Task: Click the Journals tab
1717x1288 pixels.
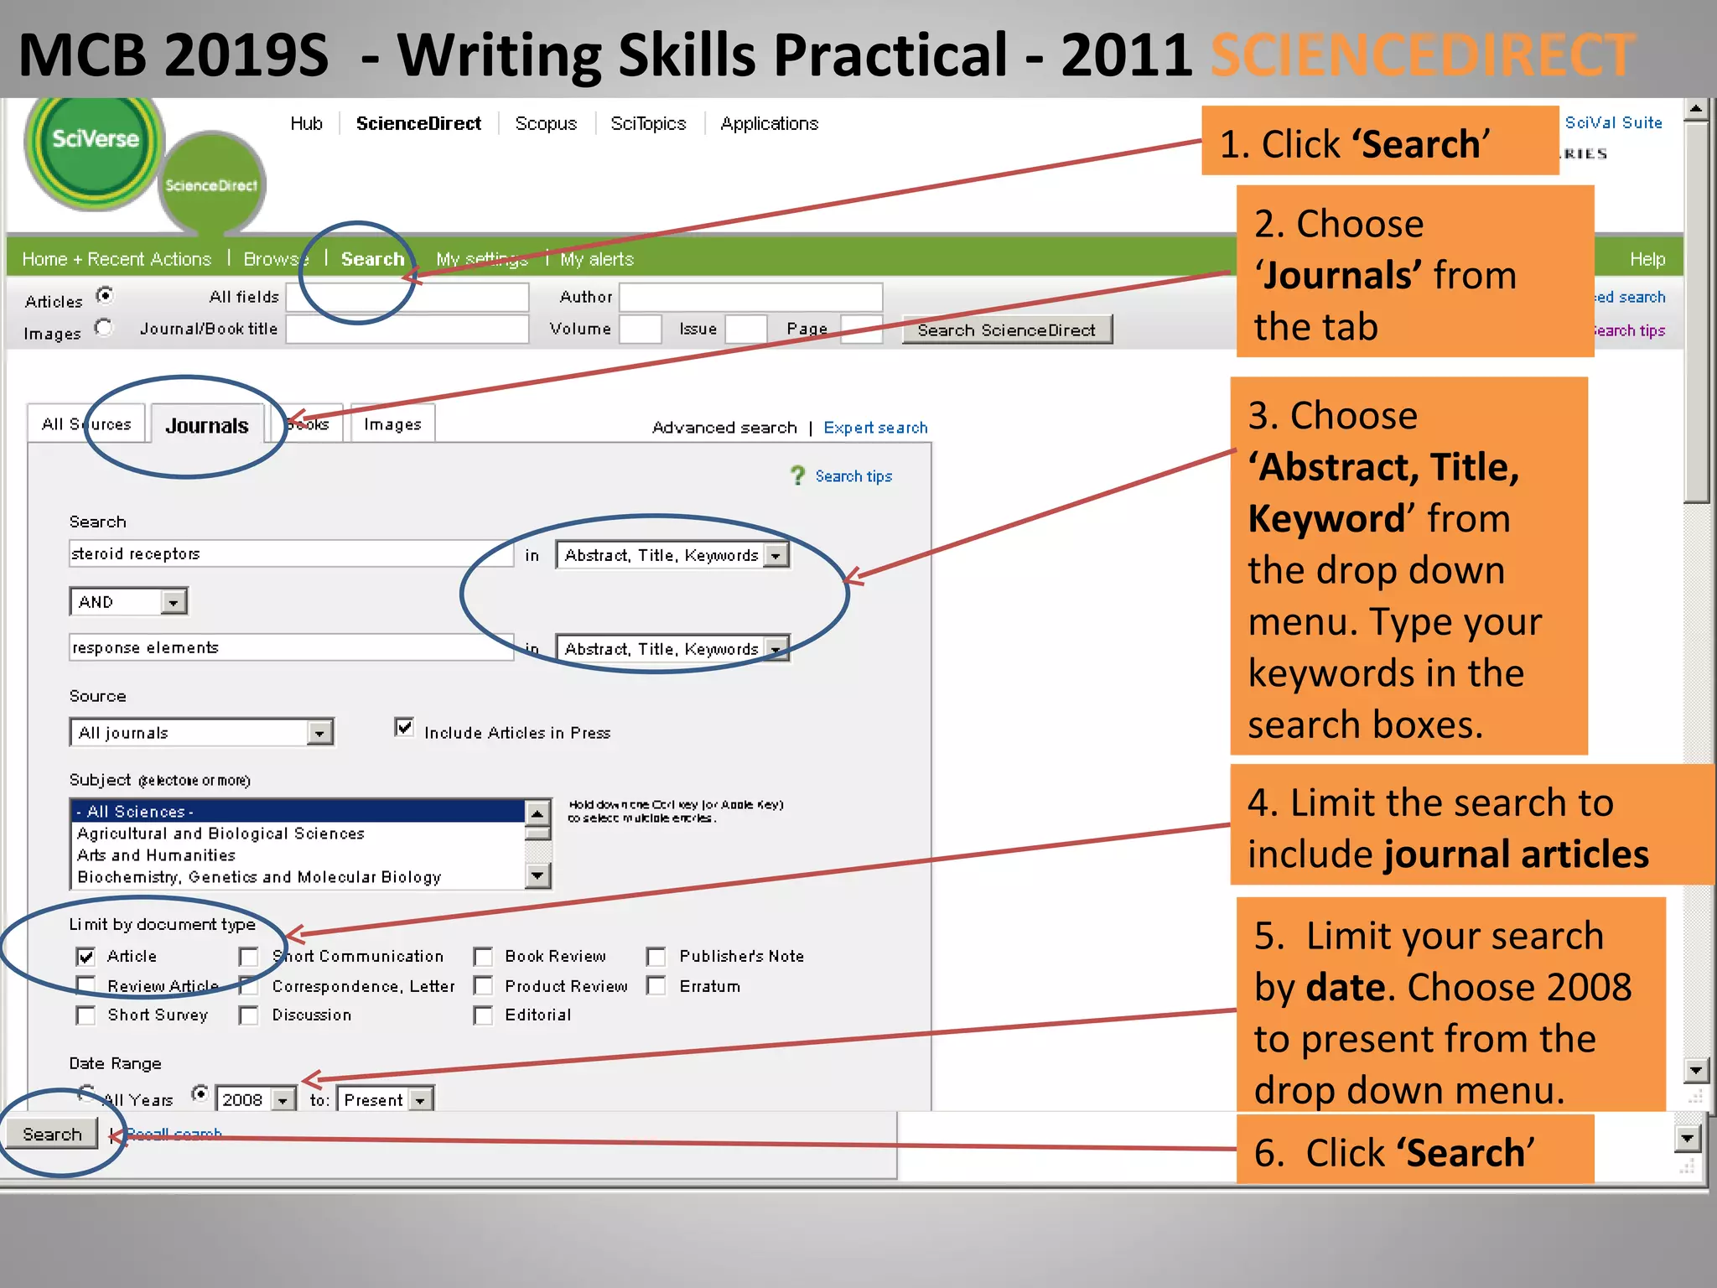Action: tap(206, 425)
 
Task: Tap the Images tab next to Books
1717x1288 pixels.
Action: tap(392, 424)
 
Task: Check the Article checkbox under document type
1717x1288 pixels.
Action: tap(86, 957)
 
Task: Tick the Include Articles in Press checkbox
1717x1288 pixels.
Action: tap(404, 728)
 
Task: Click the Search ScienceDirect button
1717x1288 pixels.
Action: tap(1006, 330)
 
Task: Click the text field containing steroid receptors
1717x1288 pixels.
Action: tap(290, 554)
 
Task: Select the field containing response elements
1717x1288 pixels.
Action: tap(290, 648)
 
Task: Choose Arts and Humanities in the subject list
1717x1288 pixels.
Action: tap(156, 855)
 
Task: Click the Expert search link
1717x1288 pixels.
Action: tap(875, 428)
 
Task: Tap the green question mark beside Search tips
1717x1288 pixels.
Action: tap(797, 476)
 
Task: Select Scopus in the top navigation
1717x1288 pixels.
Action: tap(546, 124)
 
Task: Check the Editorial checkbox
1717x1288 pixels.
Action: tap(484, 1015)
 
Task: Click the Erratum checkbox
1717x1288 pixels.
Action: tap(656, 986)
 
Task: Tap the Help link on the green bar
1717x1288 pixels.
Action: tap(1647, 259)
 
